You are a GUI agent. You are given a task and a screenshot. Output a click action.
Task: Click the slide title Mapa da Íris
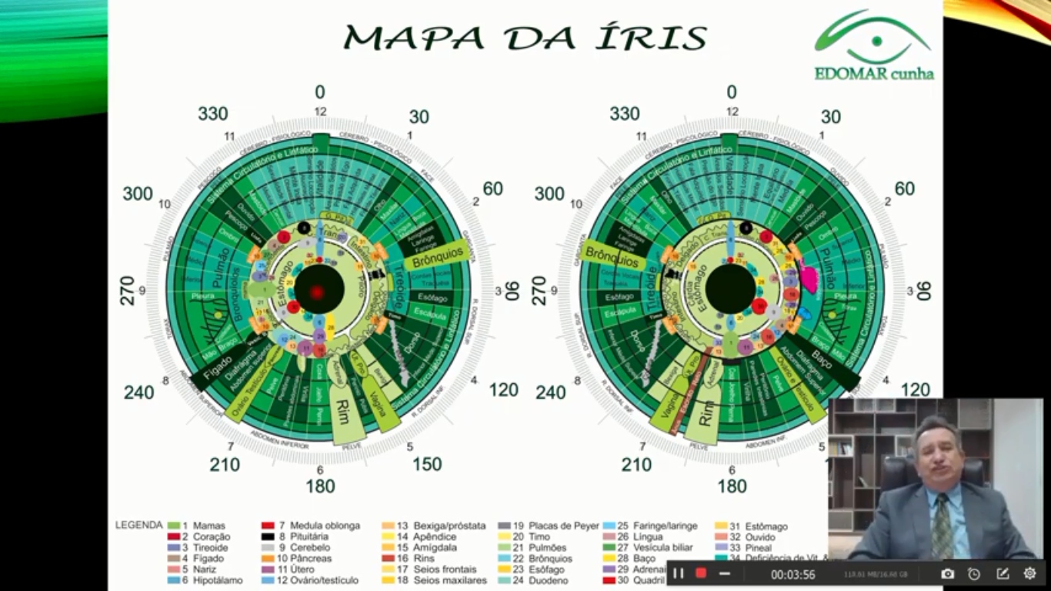(525, 37)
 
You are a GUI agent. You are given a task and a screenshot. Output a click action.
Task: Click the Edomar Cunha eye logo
(874, 45)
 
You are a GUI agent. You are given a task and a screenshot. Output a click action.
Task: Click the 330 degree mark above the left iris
(212, 114)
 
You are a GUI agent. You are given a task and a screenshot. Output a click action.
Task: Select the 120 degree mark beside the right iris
(915, 389)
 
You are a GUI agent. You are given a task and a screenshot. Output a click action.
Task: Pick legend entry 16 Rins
(415, 559)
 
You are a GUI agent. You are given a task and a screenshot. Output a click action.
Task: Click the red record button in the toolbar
(701, 573)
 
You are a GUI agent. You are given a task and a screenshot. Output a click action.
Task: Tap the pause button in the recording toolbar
(679, 573)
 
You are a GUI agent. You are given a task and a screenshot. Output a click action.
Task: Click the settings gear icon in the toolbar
(1029, 573)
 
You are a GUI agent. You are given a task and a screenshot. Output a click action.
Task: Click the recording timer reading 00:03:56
(792, 574)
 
